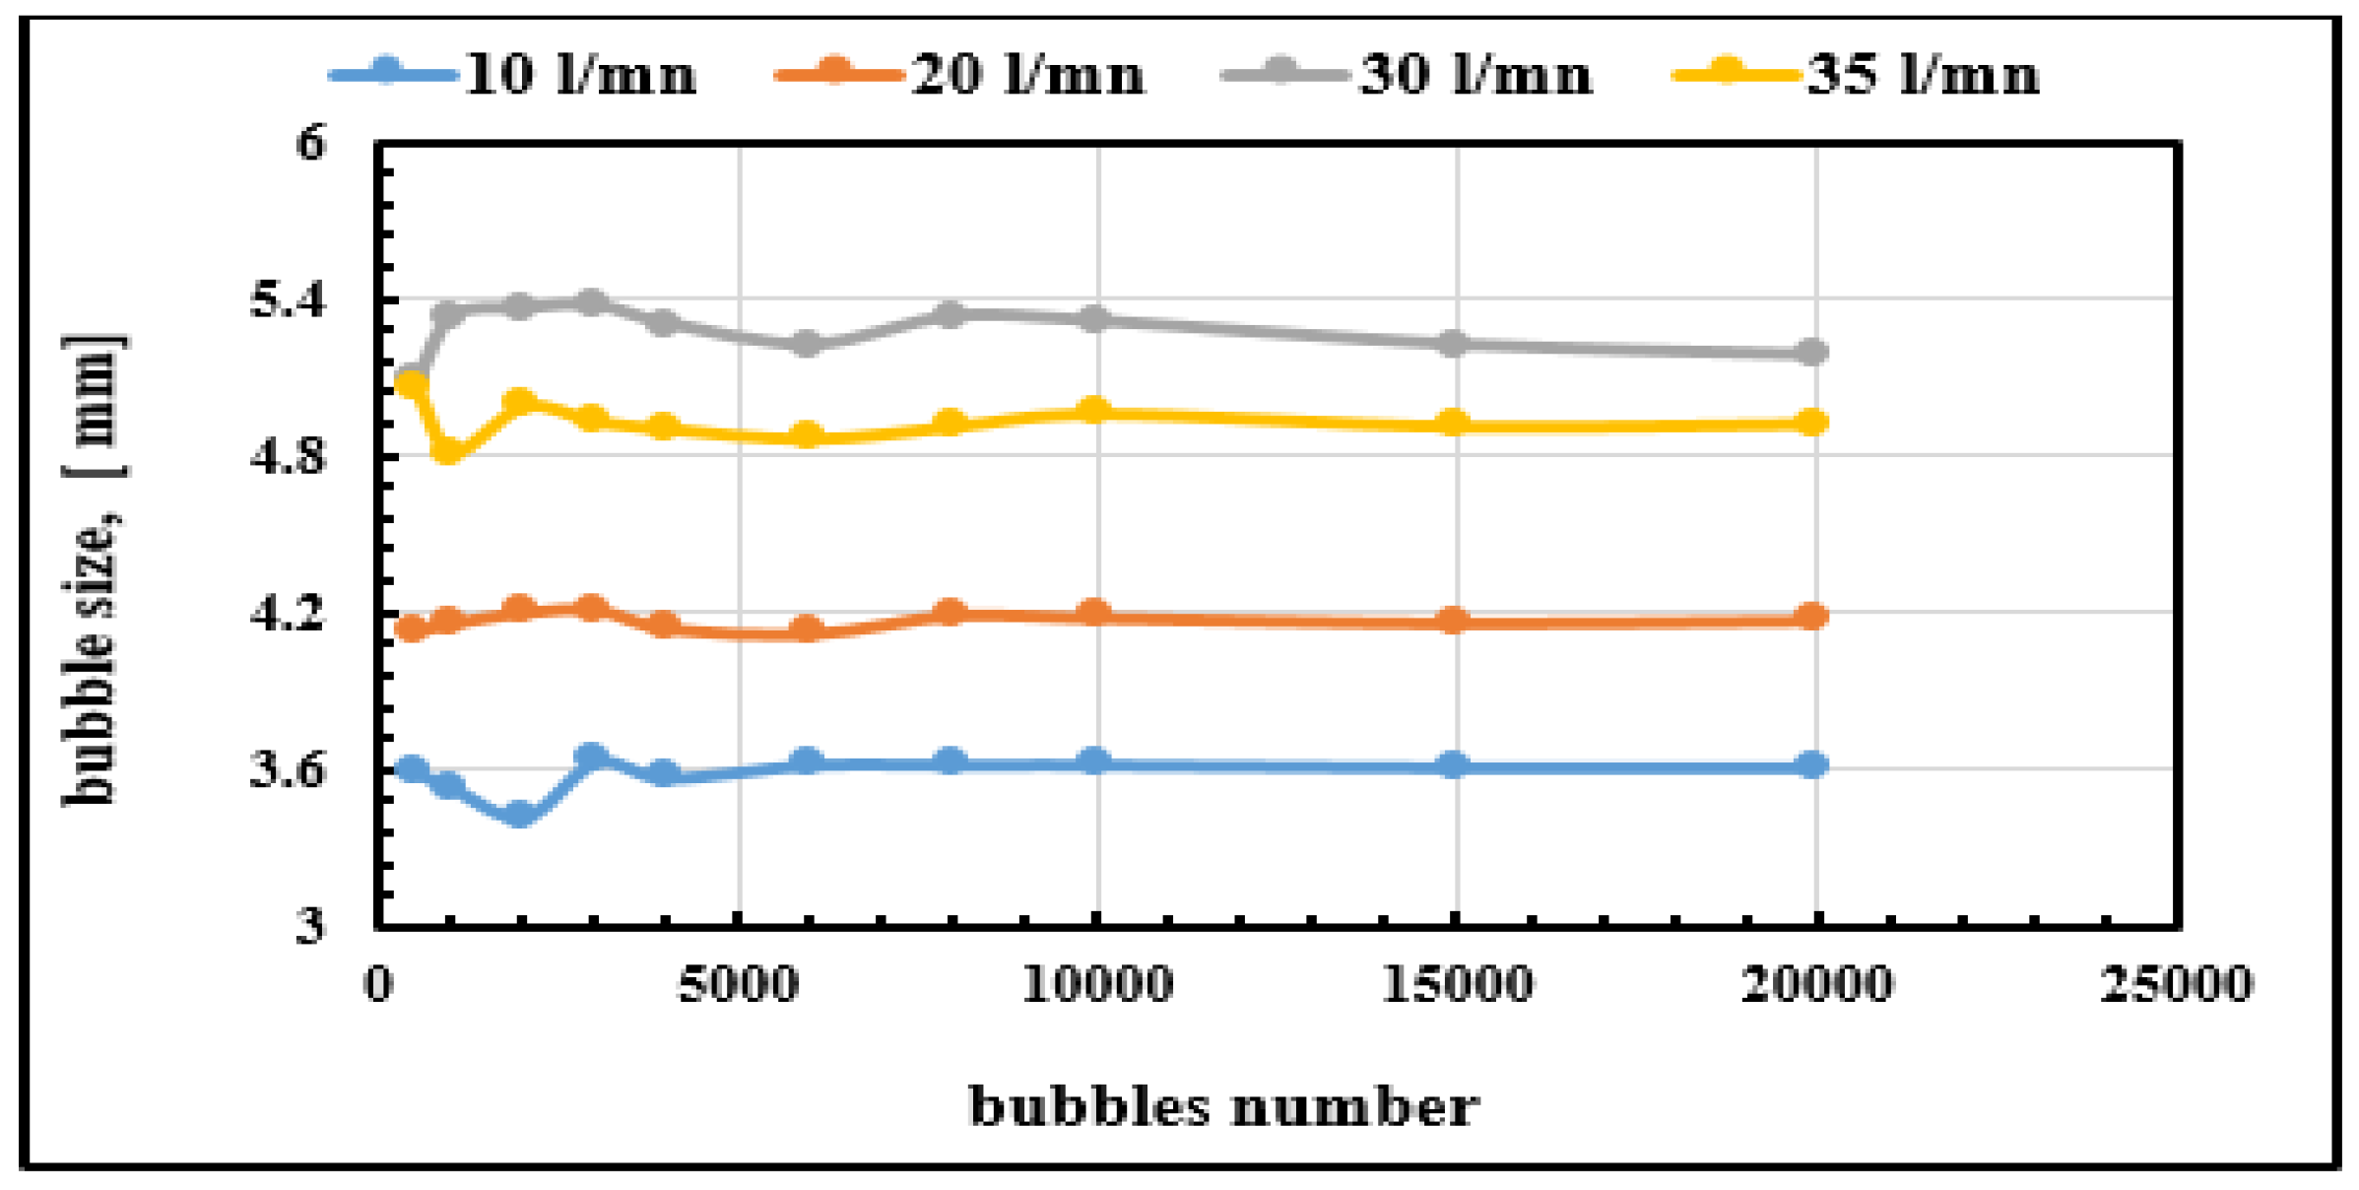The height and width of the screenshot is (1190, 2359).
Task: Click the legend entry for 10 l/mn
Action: (x=512, y=74)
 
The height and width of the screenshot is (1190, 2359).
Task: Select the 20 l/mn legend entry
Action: (x=960, y=74)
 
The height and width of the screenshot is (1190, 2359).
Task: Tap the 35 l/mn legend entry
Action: (x=1856, y=74)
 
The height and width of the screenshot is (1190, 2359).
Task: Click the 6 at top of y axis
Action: (x=309, y=144)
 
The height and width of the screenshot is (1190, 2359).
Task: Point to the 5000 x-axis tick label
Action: (x=739, y=984)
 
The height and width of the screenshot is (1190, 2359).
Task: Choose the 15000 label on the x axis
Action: (x=1457, y=984)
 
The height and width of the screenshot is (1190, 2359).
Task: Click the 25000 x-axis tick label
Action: (x=2176, y=984)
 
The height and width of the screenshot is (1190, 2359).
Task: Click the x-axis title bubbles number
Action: (x=1223, y=1105)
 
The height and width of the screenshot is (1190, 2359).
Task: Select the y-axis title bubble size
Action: (x=94, y=571)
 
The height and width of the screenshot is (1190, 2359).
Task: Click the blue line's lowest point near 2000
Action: (x=519, y=814)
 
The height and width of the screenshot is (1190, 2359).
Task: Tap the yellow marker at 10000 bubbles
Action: (x=1094, y=411)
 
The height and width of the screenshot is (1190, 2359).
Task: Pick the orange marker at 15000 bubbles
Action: (x=1453, y=621)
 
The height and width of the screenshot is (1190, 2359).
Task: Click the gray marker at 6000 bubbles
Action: (x=807, y=343)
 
